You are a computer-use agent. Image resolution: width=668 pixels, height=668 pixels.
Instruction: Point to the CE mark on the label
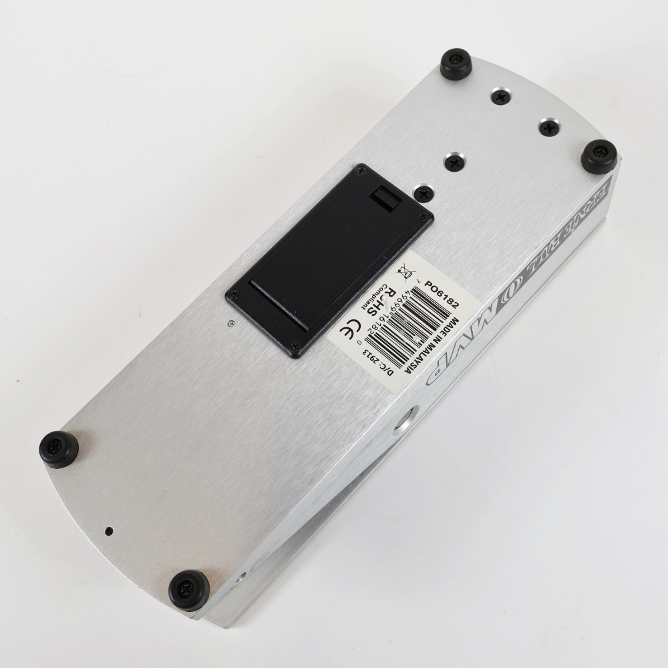tap(351, 333)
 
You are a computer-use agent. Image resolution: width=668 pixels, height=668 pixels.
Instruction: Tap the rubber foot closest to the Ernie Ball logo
tap(599, 156)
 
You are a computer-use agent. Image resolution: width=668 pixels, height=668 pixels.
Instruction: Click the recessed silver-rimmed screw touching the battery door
tap(422, 192)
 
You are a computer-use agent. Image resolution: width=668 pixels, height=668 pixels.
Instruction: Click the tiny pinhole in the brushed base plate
tap(109, 532)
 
